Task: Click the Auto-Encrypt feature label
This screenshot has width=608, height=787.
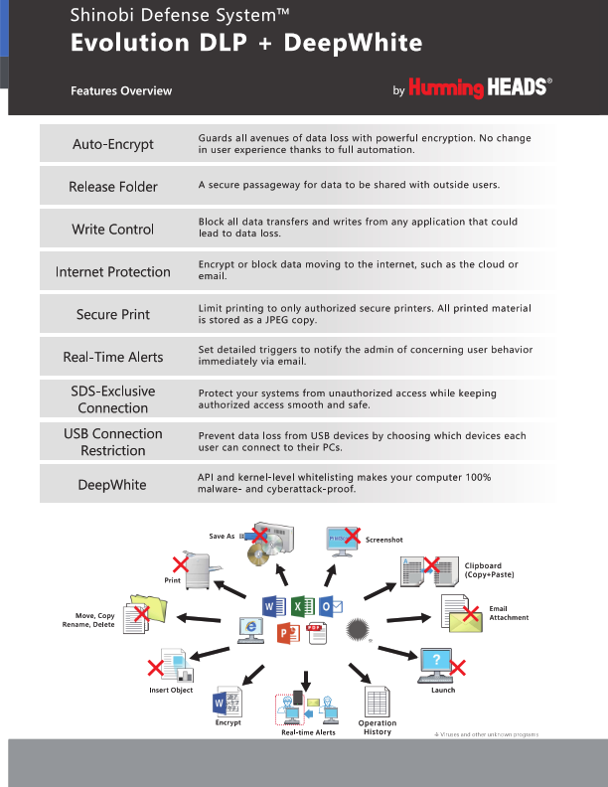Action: [113, 144]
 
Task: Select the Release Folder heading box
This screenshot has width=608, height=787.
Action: [113, 187]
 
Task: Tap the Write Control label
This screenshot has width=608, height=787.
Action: [113, 230]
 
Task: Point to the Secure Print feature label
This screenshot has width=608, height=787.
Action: [113, 315]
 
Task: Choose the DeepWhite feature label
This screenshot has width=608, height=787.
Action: [113, 485]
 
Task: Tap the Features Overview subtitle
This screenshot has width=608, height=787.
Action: [121, 91]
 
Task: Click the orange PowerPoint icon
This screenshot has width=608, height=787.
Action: [288, 633]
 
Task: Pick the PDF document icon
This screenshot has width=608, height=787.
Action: [317, 632]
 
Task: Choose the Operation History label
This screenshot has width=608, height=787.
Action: [378, 727]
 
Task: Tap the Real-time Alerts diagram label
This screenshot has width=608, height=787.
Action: [308, 732]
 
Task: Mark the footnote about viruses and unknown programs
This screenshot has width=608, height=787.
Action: [486, 733]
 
